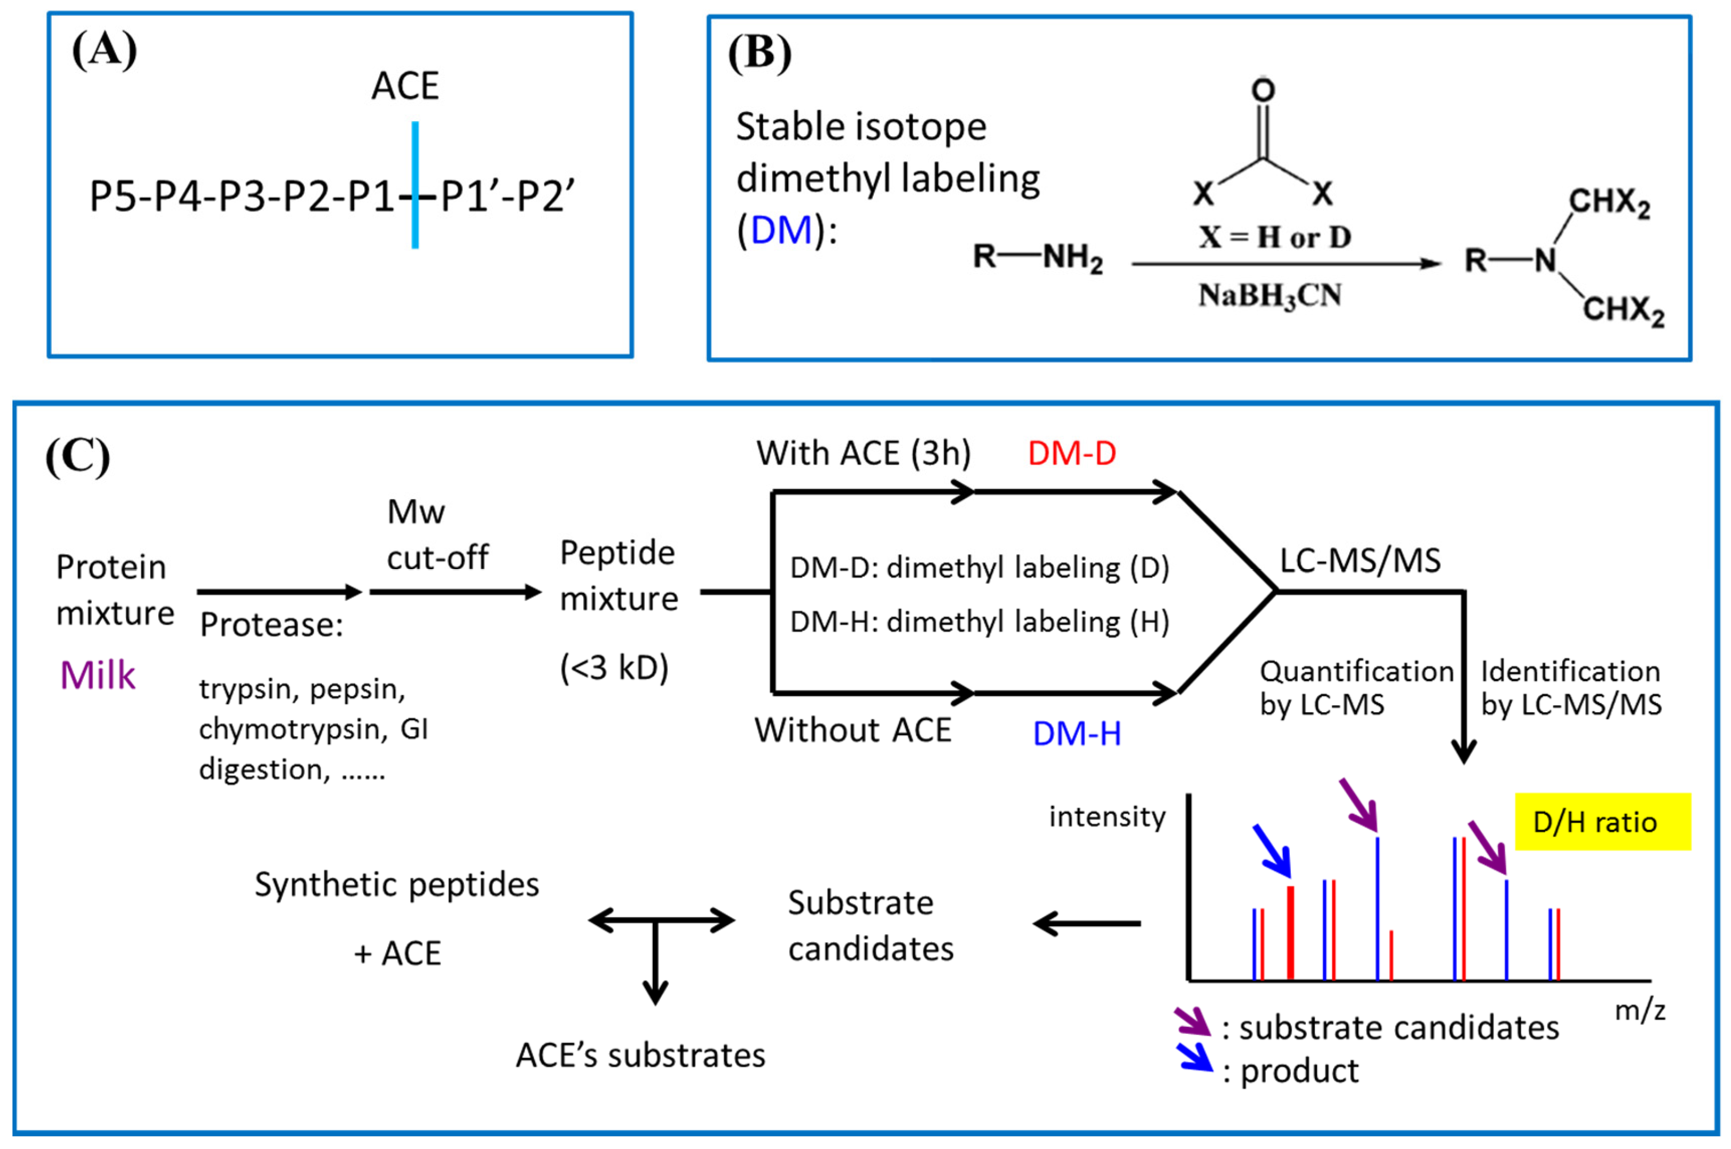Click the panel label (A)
pos(104,51)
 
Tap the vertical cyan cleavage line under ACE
pos(415,185)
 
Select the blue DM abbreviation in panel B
pos(781,230)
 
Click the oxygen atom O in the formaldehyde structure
pos(1263,90)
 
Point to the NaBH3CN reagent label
pos(1270,295)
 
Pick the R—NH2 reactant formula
pos(1037,257)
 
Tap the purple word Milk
pos(97,675)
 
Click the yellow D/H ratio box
pos(1602,822)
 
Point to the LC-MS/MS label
pos(1359,561)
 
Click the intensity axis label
pos(1107,816)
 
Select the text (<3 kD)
pos(614,667)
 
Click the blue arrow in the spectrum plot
pos(1272,850)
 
